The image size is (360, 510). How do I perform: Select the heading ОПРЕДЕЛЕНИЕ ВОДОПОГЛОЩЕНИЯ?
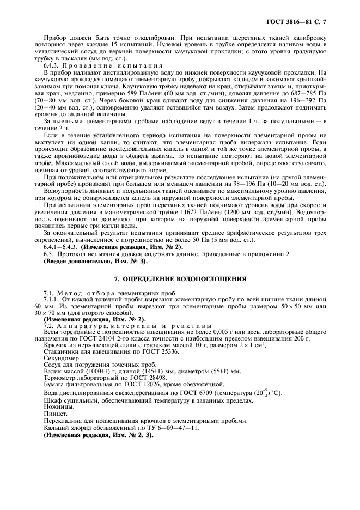[180, 279]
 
